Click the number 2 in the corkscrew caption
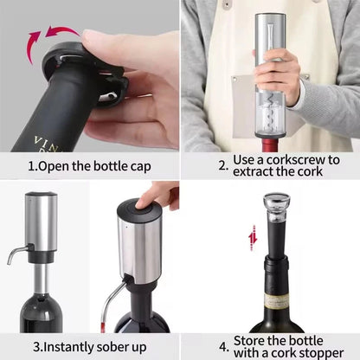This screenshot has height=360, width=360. coord(222,164)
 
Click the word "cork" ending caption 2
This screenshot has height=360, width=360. coord(311,171)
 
